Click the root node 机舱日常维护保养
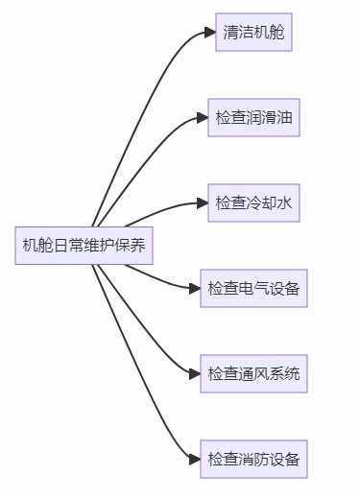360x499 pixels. tap(84, 245)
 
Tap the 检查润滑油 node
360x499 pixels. tap(253, 118)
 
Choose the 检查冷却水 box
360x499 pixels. tap(253, 202)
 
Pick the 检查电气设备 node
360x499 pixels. tap(253, 288)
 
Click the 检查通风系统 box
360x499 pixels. tap(253, 373)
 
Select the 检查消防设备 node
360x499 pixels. tap(253, 459)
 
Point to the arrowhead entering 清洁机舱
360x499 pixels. tap(210, 33)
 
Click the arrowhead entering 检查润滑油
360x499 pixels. tap(203, 118)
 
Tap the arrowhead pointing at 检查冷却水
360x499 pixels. tap(203, 202)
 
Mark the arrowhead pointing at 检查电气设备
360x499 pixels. tap(195, 288)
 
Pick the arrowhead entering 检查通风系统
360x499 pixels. tap(195, 373)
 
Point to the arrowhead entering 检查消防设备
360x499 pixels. tap(195, 459)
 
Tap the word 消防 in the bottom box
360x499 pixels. tap(253, 459)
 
